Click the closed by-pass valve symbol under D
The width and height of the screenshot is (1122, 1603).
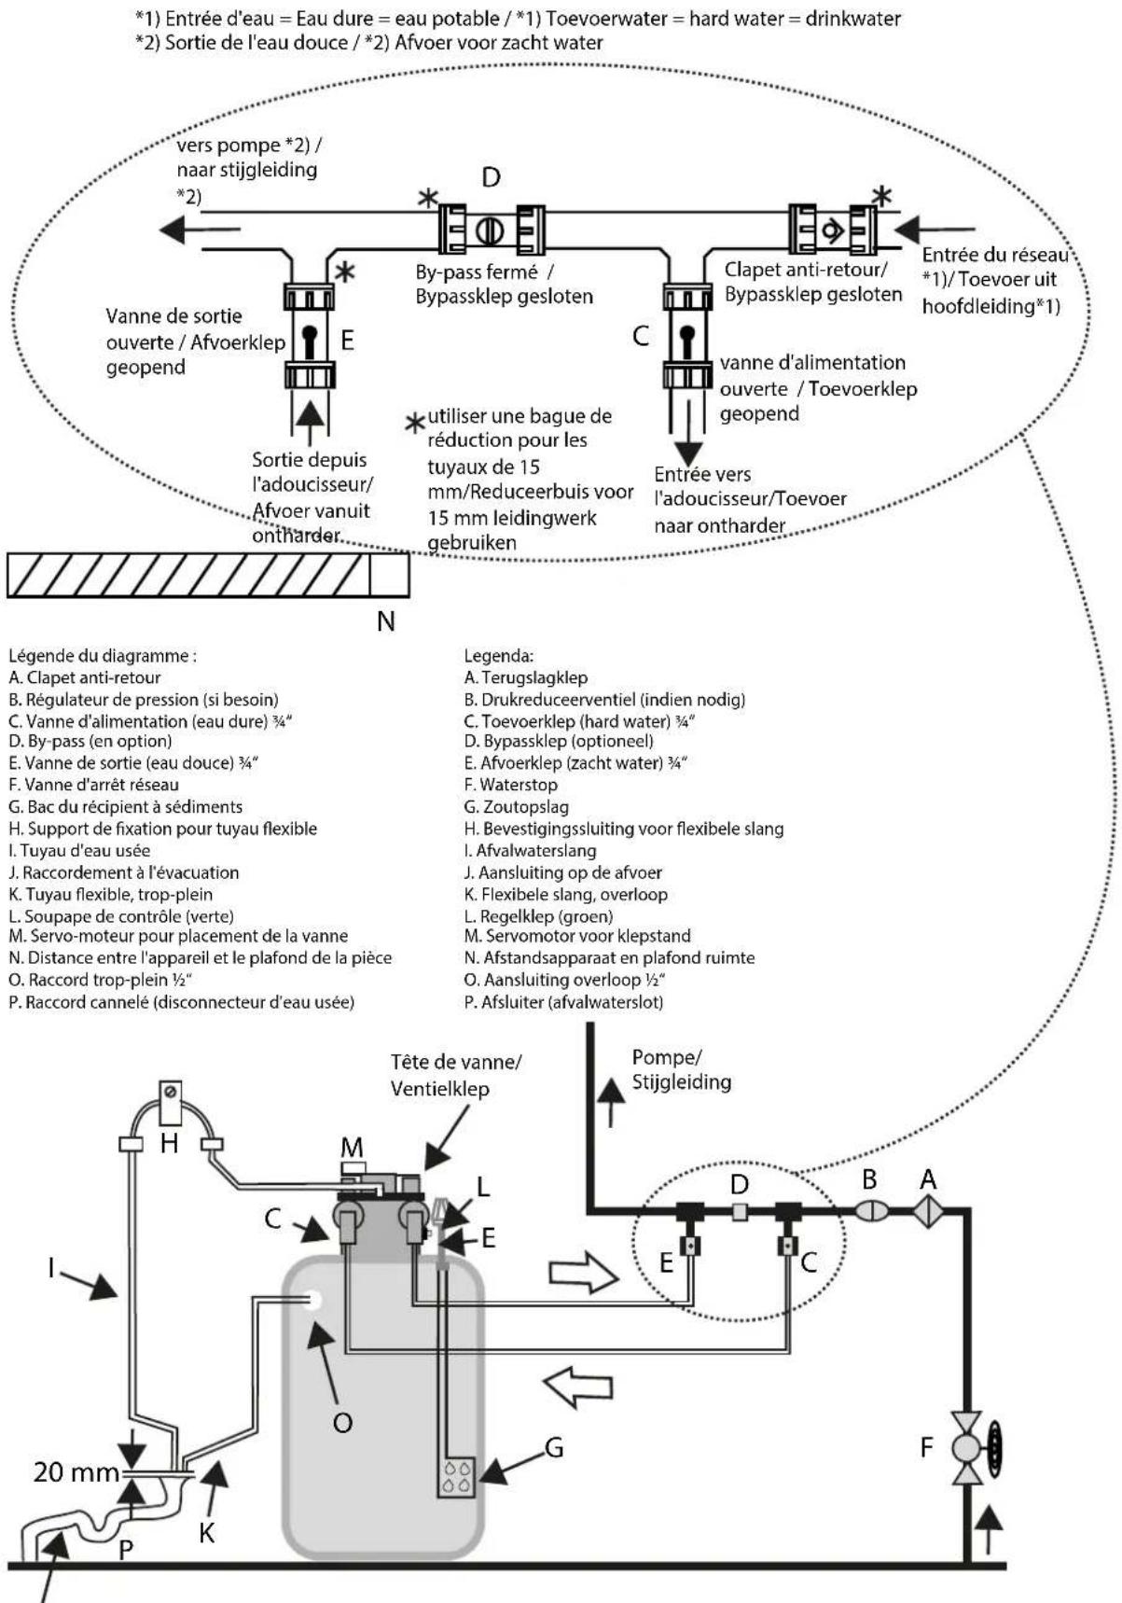492,230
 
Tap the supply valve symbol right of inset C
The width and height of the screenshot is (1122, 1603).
688,336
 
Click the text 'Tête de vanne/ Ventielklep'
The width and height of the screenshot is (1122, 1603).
456,1075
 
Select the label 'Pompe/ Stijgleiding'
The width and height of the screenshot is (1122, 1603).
682,1069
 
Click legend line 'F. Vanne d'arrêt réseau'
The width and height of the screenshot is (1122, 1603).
93,785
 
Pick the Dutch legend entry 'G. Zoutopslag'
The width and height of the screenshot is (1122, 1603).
517,807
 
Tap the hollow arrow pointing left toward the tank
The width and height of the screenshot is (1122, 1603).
578,1387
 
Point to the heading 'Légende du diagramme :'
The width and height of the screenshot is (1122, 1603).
102,656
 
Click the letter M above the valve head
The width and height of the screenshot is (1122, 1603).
353,1149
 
